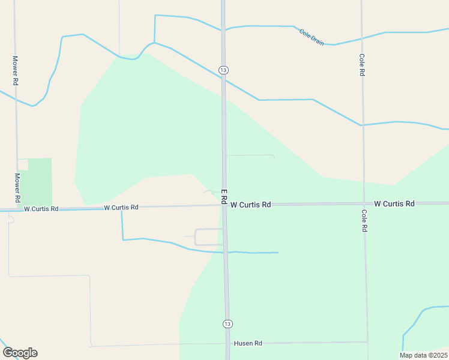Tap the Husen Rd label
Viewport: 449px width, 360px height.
248,343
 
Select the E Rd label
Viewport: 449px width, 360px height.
224,196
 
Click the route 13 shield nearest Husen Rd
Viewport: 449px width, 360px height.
226,324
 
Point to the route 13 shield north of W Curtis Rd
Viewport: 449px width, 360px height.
223,70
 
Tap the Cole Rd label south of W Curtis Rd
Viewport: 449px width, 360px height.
364,221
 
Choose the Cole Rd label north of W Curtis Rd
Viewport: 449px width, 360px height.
362,65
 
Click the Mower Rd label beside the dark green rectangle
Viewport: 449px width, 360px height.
17,187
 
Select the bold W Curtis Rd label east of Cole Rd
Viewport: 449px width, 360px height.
394,204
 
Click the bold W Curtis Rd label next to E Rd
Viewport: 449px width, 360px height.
250,205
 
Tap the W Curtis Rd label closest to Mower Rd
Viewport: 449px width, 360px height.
41,209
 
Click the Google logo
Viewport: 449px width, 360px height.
20,352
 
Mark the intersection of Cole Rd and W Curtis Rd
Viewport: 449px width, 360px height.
364,204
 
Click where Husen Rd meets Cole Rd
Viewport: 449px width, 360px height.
367,342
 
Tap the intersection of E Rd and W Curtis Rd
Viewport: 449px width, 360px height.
224,205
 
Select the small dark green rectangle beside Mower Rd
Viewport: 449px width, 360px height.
40,182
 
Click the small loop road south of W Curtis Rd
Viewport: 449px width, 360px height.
208,237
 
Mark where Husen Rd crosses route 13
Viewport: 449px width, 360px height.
228,343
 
